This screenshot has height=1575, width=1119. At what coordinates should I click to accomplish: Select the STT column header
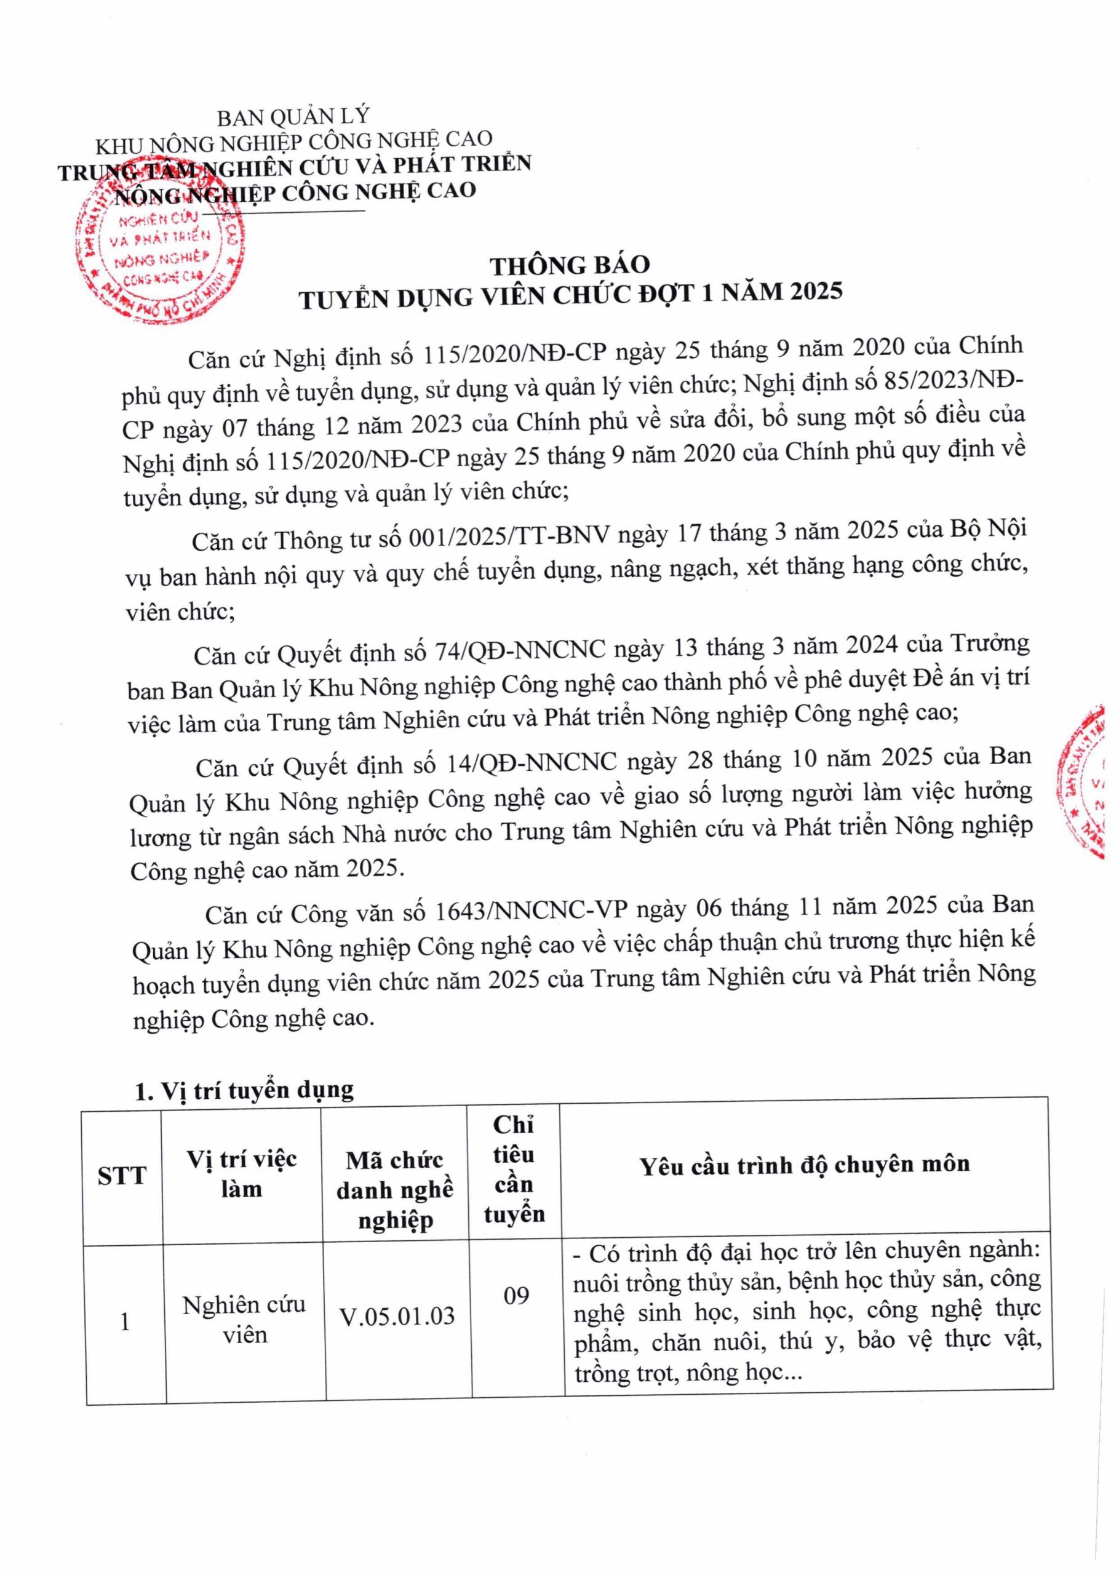click(x=122, y=1174)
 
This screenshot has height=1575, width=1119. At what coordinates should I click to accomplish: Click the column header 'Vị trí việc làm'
click(x=242, y=1173)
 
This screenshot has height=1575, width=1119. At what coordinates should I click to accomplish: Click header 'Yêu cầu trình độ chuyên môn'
click(x=805, y=1165)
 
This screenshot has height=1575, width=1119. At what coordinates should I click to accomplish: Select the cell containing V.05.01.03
click(x=397, y=1317)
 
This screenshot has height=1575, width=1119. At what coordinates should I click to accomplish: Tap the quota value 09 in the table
click(x=516, y=1295)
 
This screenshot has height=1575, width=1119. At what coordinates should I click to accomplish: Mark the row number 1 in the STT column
click(x=125, y=1322)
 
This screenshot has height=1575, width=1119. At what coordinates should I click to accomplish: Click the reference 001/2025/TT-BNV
click(x=509, y=535)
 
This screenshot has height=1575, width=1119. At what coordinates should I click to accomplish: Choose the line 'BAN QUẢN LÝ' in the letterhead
click(x=293, y=117)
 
